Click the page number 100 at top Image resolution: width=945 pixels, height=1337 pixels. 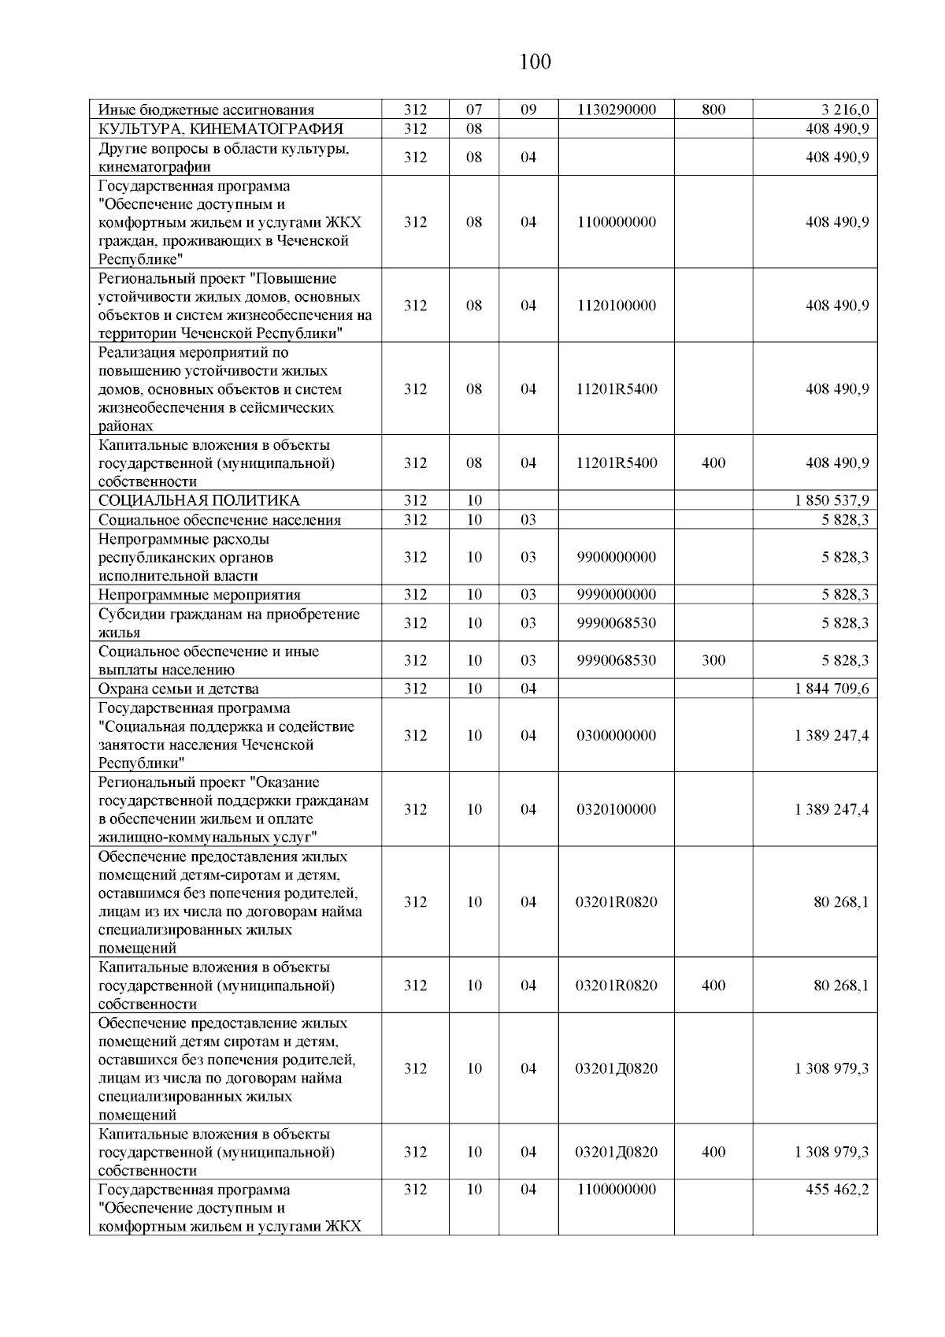click(535, 61)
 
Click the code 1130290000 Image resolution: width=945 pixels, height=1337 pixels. click(616, 110)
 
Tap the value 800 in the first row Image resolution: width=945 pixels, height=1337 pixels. click(713, 110)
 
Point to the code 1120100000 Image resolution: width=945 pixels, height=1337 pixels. click(616, 306)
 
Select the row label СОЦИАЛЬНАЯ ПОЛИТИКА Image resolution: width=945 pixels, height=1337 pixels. click(198, 500)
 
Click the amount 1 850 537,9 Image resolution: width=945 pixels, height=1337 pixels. click(832, 500)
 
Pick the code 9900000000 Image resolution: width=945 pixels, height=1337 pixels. click(616, 557)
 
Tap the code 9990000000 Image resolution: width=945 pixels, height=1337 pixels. click(616, 595)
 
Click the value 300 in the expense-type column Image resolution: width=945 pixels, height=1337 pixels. click(713, 660)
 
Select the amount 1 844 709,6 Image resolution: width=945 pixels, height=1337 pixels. click(832, 689)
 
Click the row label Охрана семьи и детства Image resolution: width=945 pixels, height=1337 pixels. click(178, 689)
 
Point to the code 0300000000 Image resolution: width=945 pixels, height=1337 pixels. click(616, 735)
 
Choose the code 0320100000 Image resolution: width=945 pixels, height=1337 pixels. click(616, 809)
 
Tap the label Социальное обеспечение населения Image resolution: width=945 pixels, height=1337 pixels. click(220, 520)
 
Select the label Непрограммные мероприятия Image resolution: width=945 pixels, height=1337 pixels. click(199, 595)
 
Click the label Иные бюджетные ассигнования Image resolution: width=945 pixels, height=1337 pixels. click(206, 110)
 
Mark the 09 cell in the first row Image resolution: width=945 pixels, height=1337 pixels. click(528, 110)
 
